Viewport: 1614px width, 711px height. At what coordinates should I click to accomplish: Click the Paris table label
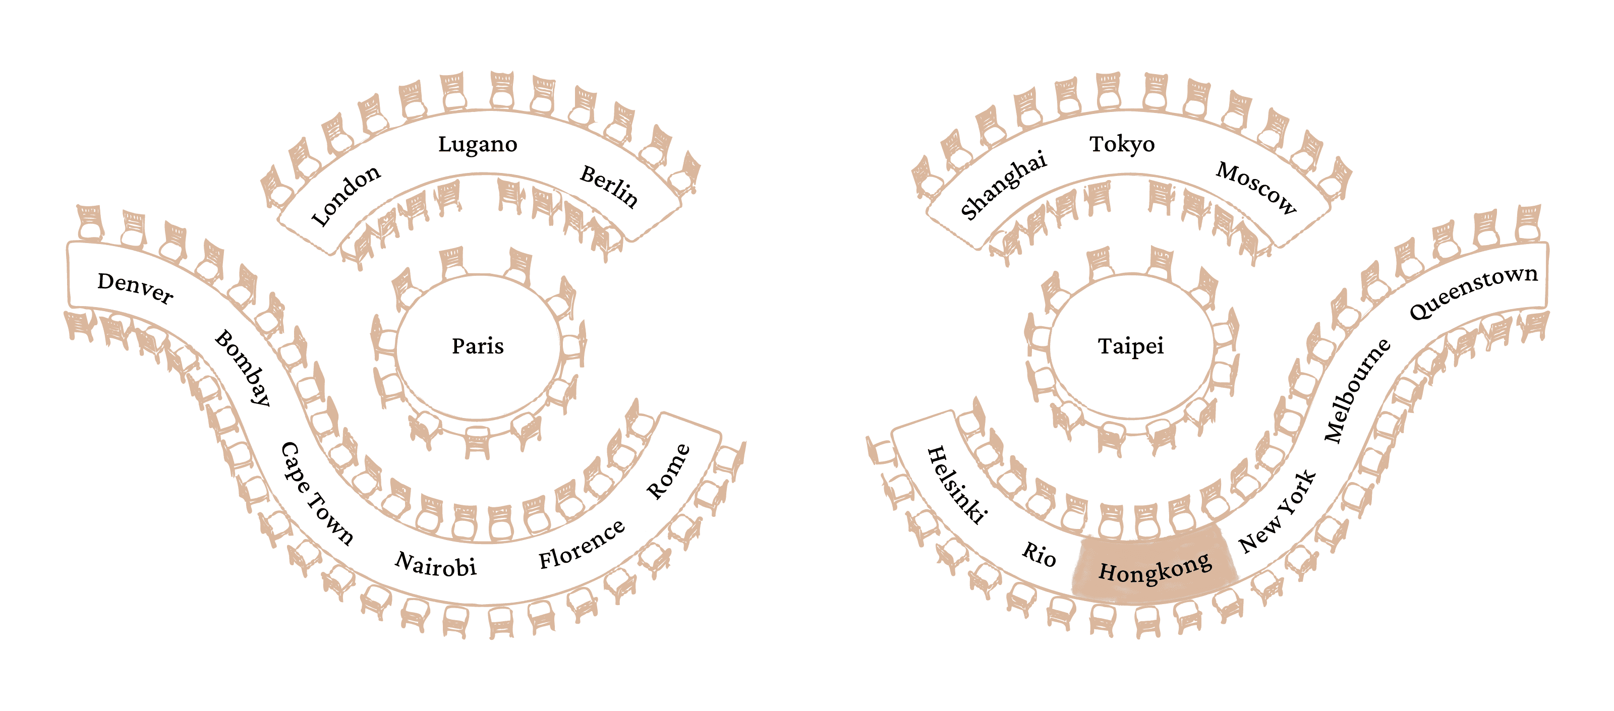pos(478,346)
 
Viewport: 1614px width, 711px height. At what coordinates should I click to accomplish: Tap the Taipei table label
pos(1131,346)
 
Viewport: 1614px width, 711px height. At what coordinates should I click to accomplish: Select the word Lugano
pos(478,145)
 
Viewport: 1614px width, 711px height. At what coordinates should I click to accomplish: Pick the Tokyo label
pos(1122,145)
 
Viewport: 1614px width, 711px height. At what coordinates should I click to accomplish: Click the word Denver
pos(135,288)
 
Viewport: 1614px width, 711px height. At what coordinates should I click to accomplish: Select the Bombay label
pos(243,368)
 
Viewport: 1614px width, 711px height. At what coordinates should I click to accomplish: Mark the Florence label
pos(582,544)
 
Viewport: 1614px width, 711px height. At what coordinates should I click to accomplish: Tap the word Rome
pos(668,471)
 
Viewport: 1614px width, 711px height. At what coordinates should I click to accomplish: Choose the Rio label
pos(1039,554)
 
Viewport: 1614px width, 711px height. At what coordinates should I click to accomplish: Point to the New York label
pos(1278,512)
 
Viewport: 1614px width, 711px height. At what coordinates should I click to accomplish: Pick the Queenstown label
pos(1474,292)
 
